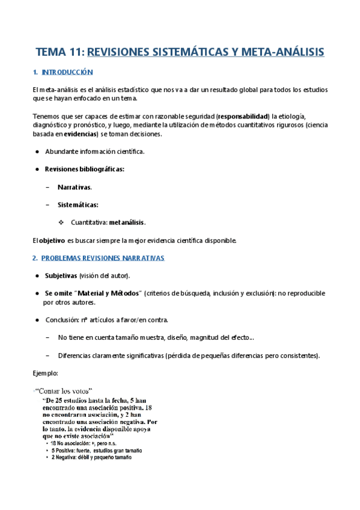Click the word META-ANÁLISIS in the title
[282, 52]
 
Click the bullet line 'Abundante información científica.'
[94, 151]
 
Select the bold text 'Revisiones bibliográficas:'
[84, 169]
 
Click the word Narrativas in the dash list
[74, 187]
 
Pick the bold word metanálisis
[127, 223]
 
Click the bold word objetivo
[52, 241]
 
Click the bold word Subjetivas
[61, 275]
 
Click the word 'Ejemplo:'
[46, 373]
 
